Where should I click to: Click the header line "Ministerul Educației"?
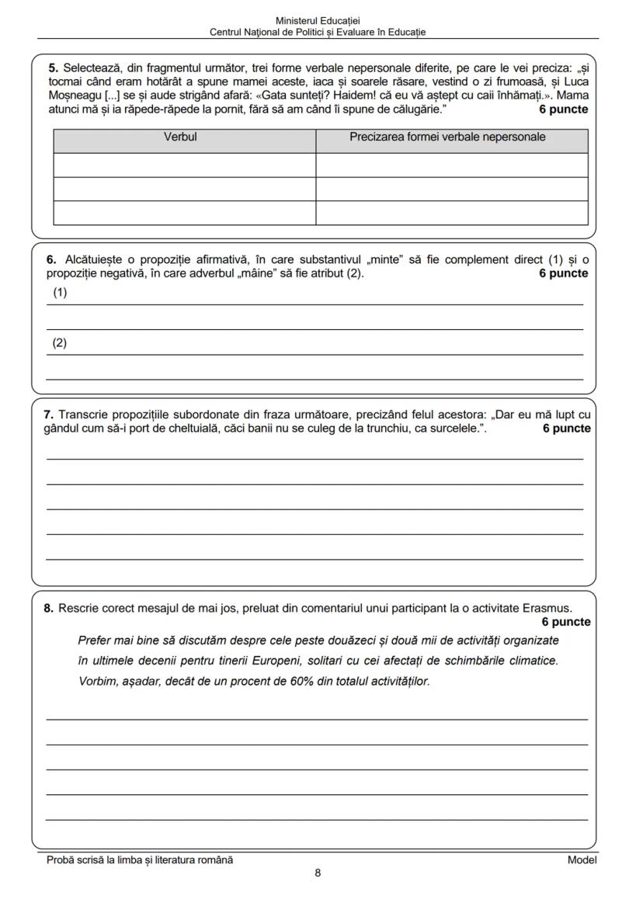318,21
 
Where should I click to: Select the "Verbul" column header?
184,137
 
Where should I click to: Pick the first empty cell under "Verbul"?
184,165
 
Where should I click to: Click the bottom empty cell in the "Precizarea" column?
451,213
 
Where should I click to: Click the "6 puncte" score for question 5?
563,109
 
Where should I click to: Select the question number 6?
50,260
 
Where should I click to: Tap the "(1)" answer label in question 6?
60,293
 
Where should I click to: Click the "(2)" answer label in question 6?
60,343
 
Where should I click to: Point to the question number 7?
48,415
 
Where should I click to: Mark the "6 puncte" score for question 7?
566,428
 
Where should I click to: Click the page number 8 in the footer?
318,873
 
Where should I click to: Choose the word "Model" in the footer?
582,859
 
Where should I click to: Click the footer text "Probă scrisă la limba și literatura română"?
140,859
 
